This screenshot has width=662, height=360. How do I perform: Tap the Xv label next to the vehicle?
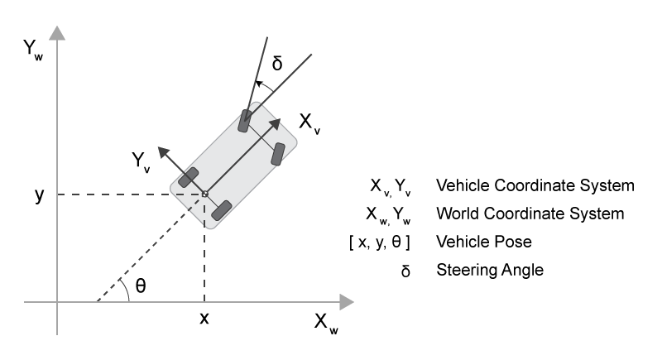tap(310, 124)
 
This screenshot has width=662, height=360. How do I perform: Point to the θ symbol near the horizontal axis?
tap(140, 285)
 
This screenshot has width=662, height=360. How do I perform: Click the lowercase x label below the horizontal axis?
tap(203, 319)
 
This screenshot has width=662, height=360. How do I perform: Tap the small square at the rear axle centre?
tap(204, 194)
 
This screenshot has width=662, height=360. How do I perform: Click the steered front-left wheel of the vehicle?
tap(246, 120)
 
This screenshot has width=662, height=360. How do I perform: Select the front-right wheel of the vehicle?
tap(279, 153)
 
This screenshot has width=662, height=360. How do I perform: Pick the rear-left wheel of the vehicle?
tap(189, 176)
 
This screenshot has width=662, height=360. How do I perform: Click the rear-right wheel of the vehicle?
tap(220, 210)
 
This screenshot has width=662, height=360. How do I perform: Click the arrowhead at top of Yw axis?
tap(57, 32)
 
